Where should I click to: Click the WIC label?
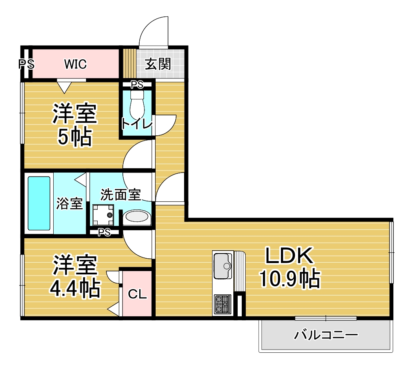[75, 64]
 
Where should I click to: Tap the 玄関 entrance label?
[158, 64]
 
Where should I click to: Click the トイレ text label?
[137, 124]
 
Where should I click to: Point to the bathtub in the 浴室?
[39, 203]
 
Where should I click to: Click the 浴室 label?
[70, 203]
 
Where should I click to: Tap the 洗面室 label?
[120, 195]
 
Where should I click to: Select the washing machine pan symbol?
[103, 215]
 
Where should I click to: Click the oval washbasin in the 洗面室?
[137, 217]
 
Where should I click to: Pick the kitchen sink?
[223, 266]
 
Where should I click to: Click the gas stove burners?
[223, 304]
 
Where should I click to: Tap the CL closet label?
[137, 294]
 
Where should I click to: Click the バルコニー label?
[326, 335]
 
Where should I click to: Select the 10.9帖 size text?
[290, 278]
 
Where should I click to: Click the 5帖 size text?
[75, 137]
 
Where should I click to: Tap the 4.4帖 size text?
[75, 288]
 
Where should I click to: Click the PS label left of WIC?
[26, 64]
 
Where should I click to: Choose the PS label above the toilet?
[137, 84]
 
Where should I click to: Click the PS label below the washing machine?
[104, 232]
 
